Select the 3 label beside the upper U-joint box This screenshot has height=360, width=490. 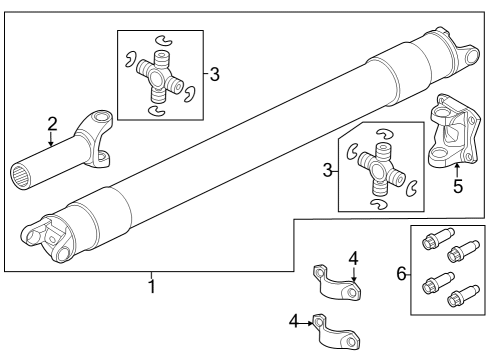(213, 74)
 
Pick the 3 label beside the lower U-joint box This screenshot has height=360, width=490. (328, 171)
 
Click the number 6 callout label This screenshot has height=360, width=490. (402, 272)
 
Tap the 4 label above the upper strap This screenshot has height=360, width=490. (353, 258)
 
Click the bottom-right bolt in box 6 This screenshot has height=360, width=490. (461, 298)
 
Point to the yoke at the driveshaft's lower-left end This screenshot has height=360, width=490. (45, 235)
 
